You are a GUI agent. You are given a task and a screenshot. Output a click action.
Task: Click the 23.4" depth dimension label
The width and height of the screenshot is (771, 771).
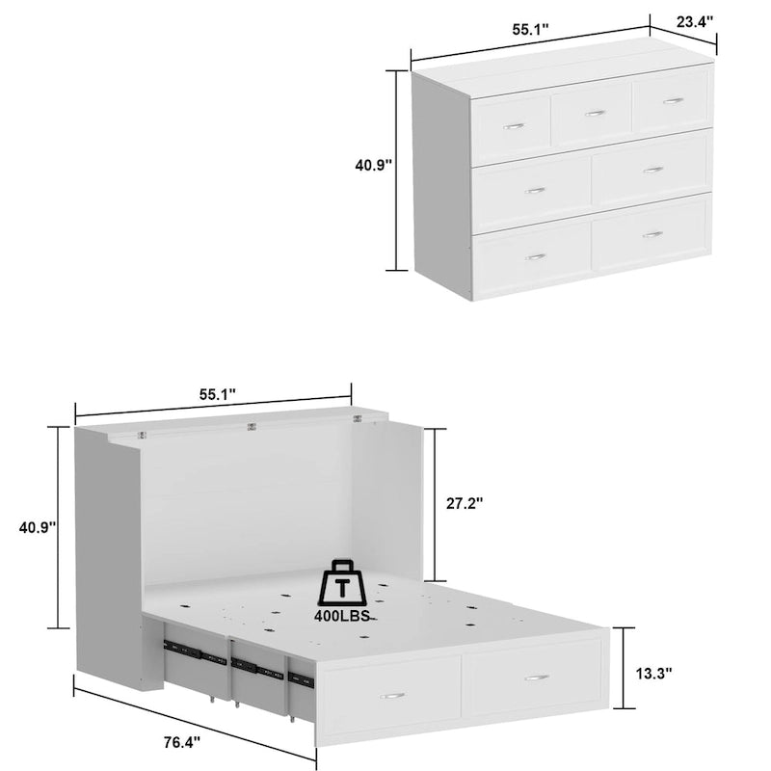click(693, 19)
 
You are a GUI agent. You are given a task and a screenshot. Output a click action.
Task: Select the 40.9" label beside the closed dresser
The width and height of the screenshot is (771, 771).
click(373, 166)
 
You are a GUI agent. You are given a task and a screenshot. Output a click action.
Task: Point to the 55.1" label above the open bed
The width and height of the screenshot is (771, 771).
click(218, 394)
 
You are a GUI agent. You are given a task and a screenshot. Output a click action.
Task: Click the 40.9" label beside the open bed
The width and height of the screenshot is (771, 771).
click(37, 527)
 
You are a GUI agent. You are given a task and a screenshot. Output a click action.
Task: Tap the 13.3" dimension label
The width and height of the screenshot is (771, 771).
click(653, 674)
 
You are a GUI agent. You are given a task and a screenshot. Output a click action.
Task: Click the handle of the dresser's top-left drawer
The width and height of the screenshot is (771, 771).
click(514, 125)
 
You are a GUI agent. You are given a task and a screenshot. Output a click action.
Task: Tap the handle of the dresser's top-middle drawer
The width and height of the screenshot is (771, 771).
click(595, 113)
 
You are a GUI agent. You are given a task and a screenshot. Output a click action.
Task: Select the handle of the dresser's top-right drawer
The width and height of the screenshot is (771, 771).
click(673, 100)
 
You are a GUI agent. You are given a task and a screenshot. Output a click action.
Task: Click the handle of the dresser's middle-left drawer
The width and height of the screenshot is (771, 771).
click(535, 190)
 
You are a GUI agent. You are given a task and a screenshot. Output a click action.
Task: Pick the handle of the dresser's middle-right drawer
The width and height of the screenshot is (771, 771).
click(653, 170)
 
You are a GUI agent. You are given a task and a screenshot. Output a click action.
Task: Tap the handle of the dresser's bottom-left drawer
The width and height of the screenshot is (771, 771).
click(535, 256)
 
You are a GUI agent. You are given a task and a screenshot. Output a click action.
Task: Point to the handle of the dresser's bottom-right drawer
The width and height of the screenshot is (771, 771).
click(653, 234)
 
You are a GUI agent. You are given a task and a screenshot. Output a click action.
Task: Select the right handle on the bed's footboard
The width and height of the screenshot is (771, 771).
click(537, 678)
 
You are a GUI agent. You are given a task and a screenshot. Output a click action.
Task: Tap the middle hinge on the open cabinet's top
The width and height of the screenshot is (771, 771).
click(252, 425)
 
